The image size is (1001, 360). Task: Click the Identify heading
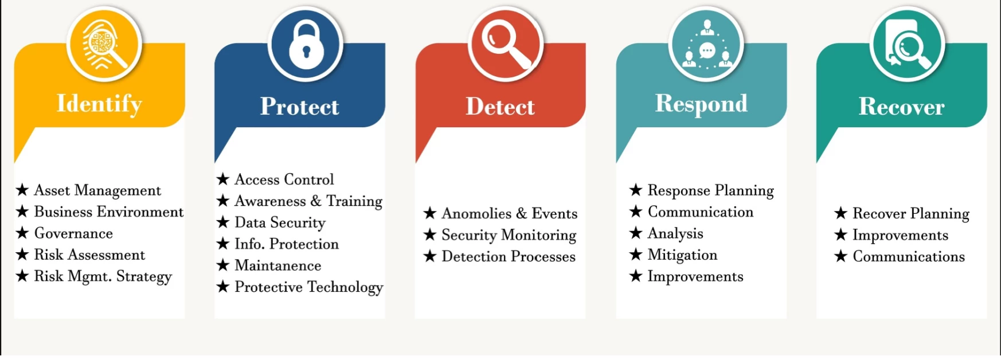pos(99,104)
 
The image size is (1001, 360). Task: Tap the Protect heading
pos(299,107)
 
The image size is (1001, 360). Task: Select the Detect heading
pos(500,107)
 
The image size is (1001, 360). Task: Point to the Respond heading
pos(701,104)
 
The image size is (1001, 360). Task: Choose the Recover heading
pos(901,107)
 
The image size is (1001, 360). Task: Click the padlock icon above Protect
pos(306,45)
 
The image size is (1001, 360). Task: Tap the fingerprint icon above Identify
pos(104,45)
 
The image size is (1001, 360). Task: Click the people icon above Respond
pos(706,45)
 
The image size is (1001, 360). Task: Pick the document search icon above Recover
pos(907,45)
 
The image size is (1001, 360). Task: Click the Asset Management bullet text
pos(97,190)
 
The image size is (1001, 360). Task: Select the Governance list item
pos(73,233)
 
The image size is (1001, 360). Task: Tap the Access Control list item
pos(284,179)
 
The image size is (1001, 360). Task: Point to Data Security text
pos(280,222)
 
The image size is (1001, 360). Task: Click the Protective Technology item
pos(308,287)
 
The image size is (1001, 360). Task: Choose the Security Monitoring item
pos(509,235)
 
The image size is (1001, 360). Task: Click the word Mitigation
pos(682,255)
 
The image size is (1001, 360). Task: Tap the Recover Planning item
pos(910,214)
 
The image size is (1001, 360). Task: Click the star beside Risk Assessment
pos(22,254)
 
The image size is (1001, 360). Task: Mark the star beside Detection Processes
pos(430,256)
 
